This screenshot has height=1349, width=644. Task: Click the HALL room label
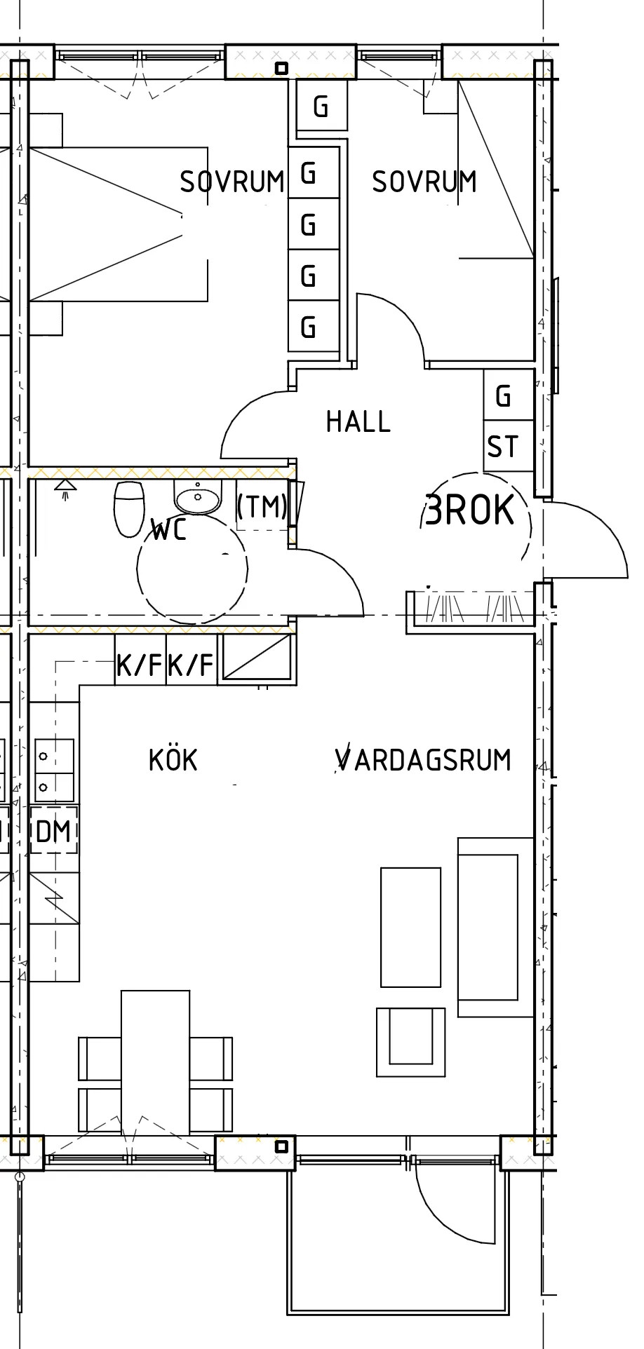click(x=358, y=421)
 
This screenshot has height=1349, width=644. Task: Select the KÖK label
click(x=173, y=760)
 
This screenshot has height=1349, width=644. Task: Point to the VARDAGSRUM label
click(x=423, y=760)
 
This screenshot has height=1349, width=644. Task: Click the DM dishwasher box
click(x=54, y=832)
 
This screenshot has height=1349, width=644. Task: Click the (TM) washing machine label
click(x=262, y=506)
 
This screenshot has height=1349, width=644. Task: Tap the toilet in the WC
click(x=129, y=508)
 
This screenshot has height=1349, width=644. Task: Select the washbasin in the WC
click(x=198, y=499)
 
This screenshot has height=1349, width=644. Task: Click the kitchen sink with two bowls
click(x=54, y=771)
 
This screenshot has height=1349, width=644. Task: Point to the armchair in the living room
click(x=410, y=1041)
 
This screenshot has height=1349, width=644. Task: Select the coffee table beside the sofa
click(x=411, y=927)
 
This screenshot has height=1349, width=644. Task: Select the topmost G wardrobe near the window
click(x=321, y=107)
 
